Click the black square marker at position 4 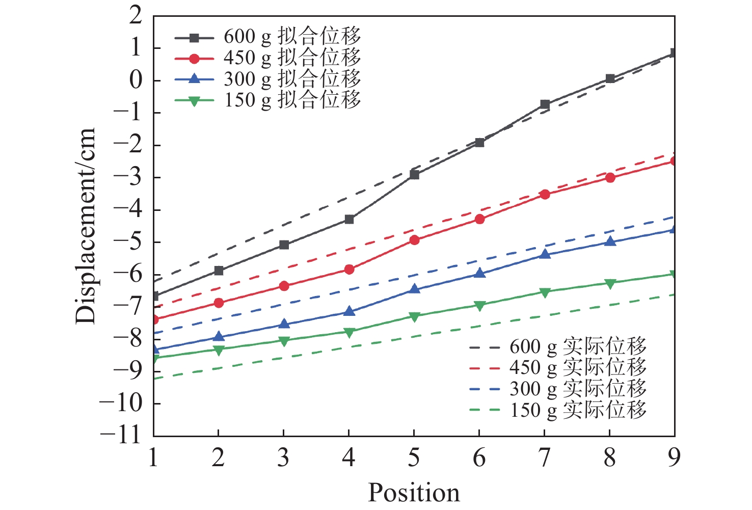(x=349, y=219)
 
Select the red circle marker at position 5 (x=414, y=240)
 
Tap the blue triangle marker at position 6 (x=479, y=273)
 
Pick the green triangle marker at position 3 (x=284, y=341)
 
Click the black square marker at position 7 (x=545, y=104)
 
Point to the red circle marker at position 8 (x=610, y=177)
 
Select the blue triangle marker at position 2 (x=219, y=336)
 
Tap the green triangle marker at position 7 (x=545, y=292)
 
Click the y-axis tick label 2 (x=135, y=16)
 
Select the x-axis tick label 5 (x=414, y=458)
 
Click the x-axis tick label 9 (x=674, y=458)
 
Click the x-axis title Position (x=414, y=493)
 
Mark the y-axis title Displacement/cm (x=86, y=226)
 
